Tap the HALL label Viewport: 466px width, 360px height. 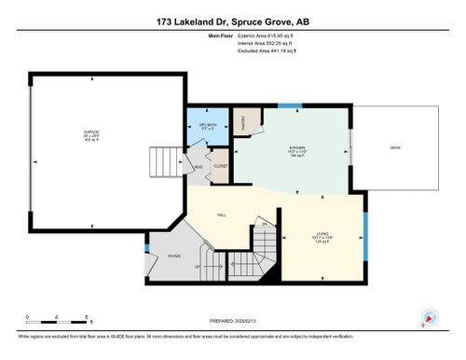222,215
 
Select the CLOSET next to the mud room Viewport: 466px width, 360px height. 221,166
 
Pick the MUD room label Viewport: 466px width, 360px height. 199,169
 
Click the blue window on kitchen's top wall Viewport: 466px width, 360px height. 291,104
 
